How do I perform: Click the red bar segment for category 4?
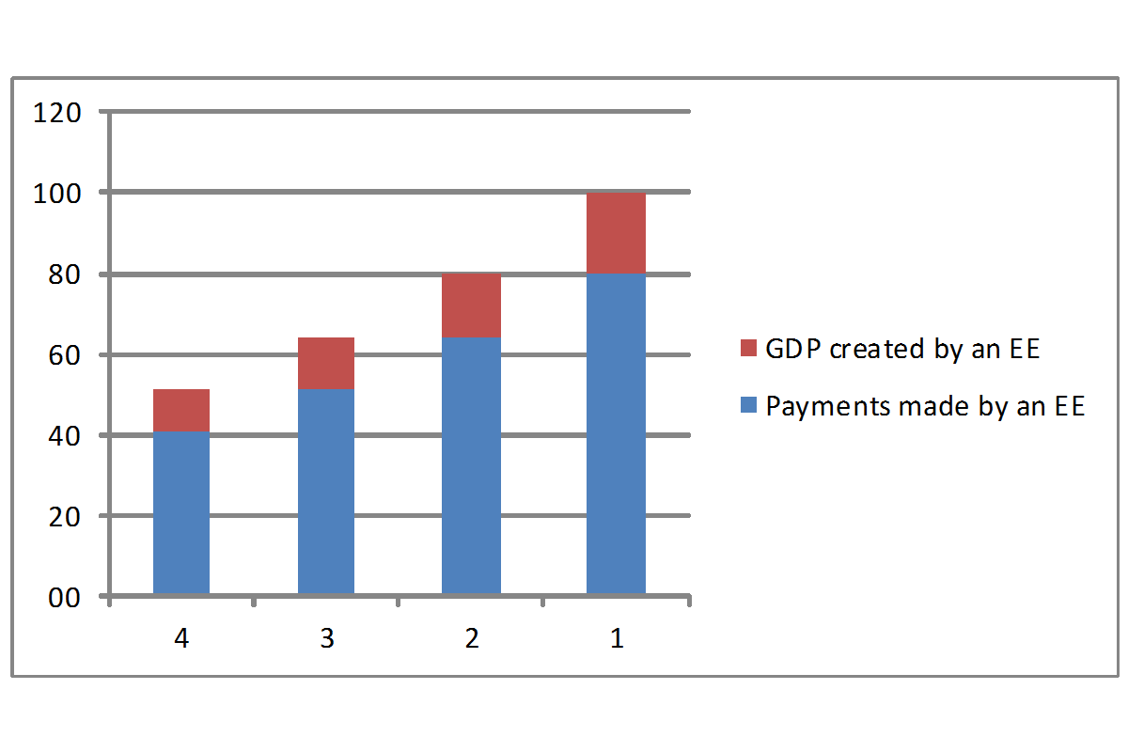pos(181,411)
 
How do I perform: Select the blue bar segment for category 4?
pos(181,513)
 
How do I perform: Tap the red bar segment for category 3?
pos(326,363)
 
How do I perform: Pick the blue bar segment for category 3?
pos(326,491)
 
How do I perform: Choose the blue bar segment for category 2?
pos(471,467)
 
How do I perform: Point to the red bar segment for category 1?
pos(616,233)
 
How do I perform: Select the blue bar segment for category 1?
pos(616,433)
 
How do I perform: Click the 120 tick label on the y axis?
pos(57,114)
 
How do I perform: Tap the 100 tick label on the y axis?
pos(57,195)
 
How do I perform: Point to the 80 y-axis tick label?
pos(64,275)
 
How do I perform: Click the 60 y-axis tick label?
pos(64,356)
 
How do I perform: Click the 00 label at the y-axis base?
pos(64,598)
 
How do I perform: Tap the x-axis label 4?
pos(181,639)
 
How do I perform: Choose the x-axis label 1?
pos(617,639)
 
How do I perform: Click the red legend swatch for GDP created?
pos(748,349)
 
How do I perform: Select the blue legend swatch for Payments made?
pos(748,406)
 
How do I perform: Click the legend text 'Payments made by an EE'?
pos(925,407)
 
